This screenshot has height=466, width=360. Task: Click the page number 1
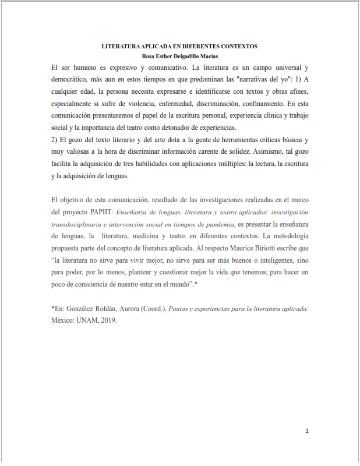[306, 431]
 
